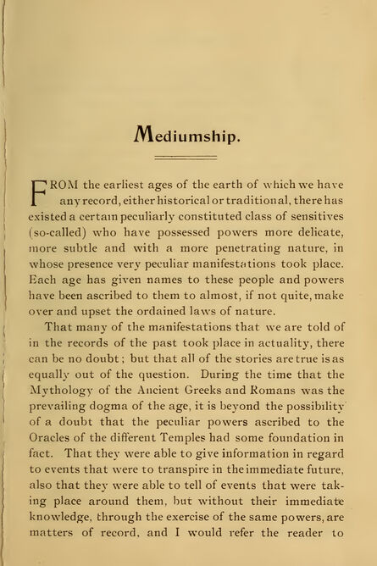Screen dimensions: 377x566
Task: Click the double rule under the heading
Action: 188,157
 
